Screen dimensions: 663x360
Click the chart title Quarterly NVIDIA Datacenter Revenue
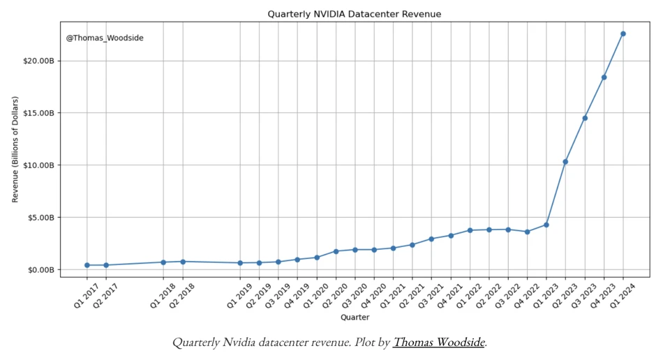(x=355, y=15)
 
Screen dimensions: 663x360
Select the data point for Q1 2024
(x=623, y=33)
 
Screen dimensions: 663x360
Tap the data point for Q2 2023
(x=565, y=162)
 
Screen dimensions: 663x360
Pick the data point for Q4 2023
(x=604, y=77)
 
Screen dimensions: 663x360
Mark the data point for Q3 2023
(x=585, y=119)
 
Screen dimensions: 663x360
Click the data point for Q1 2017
(x=87, y=265)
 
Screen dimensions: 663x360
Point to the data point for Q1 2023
(x=546, y=225)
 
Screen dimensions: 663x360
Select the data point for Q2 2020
(x=336, y=251)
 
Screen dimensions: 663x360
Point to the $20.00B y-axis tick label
(x=38, y=61)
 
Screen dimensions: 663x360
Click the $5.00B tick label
(x=40, y=218)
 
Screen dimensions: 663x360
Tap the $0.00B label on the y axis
(x=40, y=270)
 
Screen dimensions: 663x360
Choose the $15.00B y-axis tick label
(x=38, y=113)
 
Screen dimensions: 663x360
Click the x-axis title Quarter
(x=355, y=317)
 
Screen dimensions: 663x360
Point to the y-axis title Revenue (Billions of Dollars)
(x=15, y=149)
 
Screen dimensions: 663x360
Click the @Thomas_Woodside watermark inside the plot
(x=105, y=38)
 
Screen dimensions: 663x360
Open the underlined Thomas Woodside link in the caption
(x=439, y=342)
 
